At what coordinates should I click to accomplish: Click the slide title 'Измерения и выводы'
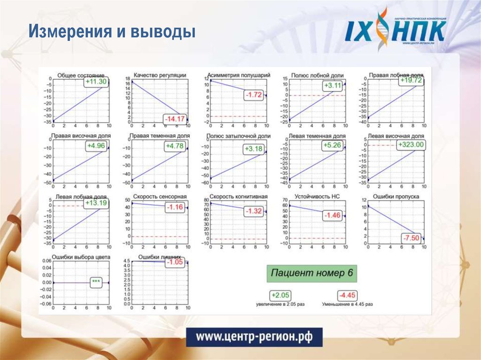tap(111, 32)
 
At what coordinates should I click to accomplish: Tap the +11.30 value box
tap(96, 82)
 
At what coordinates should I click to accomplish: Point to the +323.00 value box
tap(411, 145)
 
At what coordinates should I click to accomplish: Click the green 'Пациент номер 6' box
tap(312, 273)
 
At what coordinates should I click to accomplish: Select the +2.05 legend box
tap(280, 295)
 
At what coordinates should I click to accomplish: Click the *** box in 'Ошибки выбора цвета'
tap(96, 282)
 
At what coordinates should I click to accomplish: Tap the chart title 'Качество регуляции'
tap(160, 75)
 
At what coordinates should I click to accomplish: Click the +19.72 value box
tap(411, 80)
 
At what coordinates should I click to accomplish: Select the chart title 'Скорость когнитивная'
tap(239, 197)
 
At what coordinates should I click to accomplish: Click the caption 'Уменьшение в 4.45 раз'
tap(348, 304)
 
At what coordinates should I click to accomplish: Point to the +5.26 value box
tap(333, 146)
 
